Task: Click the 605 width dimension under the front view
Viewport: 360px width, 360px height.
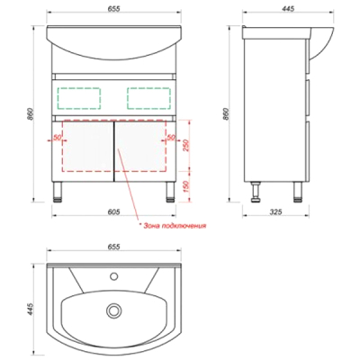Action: (x=113, y=211)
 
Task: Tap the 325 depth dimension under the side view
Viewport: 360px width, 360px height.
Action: (x=276, y=211)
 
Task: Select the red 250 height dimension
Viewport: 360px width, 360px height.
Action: (x=185, y=145)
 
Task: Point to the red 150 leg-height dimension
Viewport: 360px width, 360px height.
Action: (x=185, y=186)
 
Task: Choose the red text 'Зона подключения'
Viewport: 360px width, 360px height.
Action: (x=175, y=226)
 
